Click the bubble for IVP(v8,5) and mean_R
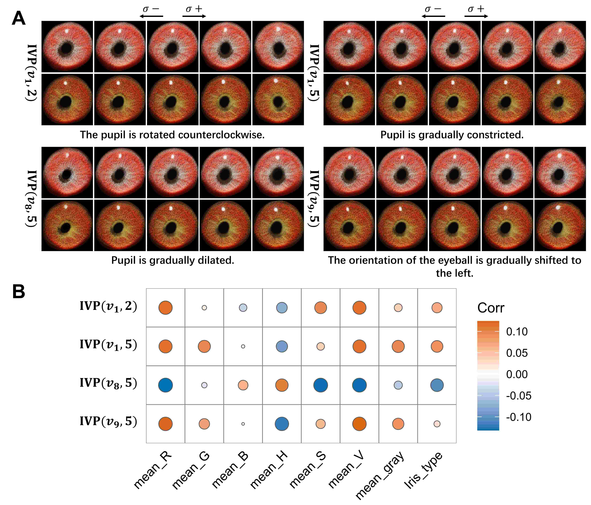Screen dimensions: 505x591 pyautogui.click(x=165, y=385)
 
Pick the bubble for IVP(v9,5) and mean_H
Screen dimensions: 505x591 pyautogui.click(x=282, y=424)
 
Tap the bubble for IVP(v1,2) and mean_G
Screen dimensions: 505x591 pyautogui.click(x=204, y=308)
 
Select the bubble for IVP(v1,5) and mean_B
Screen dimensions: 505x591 pyautogui.click(x=243, y=347)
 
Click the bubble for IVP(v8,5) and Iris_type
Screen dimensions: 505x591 pyautogui.click(x=437, y=385)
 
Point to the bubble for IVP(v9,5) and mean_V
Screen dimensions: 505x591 pyautogui.click(x=359, y=424)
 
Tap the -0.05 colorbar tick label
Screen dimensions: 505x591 pyautogui.click(x=519, y=396)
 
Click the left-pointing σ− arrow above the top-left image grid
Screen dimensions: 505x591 pyautogui.click(x=151, y=16)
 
